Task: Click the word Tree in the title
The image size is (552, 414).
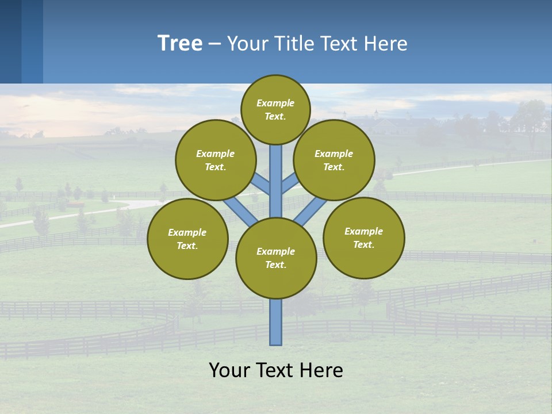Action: (180, 43)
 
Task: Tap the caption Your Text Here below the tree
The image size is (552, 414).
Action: (276, 370)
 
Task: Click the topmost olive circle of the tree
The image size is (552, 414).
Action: (275, 109)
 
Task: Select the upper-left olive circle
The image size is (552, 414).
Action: (215, 160)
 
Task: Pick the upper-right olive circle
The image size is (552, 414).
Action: (334, 160)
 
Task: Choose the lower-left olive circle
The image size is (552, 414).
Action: (187, 239)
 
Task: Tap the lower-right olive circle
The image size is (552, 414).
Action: (363, 237)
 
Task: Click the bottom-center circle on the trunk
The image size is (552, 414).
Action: (276, 258)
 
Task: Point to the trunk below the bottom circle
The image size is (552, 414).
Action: (276, 322)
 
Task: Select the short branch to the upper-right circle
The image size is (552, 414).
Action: (290, 185)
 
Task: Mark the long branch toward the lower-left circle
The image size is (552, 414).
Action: (240, 212)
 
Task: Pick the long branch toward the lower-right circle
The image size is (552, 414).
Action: (310, 212)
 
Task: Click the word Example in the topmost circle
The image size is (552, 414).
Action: (275, 103)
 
